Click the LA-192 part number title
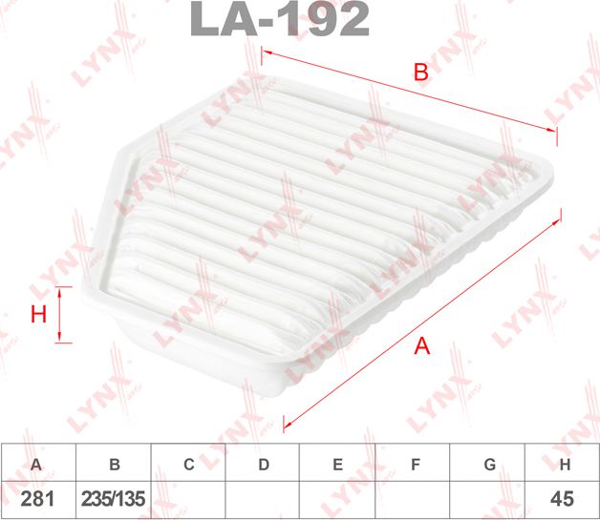pos(280,19)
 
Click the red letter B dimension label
pos(419,71)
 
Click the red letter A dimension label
pos(421,348)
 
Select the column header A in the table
pos(37,465)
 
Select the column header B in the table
pos(114,465)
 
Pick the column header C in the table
pos(189,465)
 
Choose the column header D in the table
pos(264,465)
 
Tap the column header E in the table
pos(338,465)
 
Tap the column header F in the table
pos(415,465)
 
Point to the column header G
pos(489,465)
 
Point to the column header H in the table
pos(565,465)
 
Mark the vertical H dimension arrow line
pos(60,316)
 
